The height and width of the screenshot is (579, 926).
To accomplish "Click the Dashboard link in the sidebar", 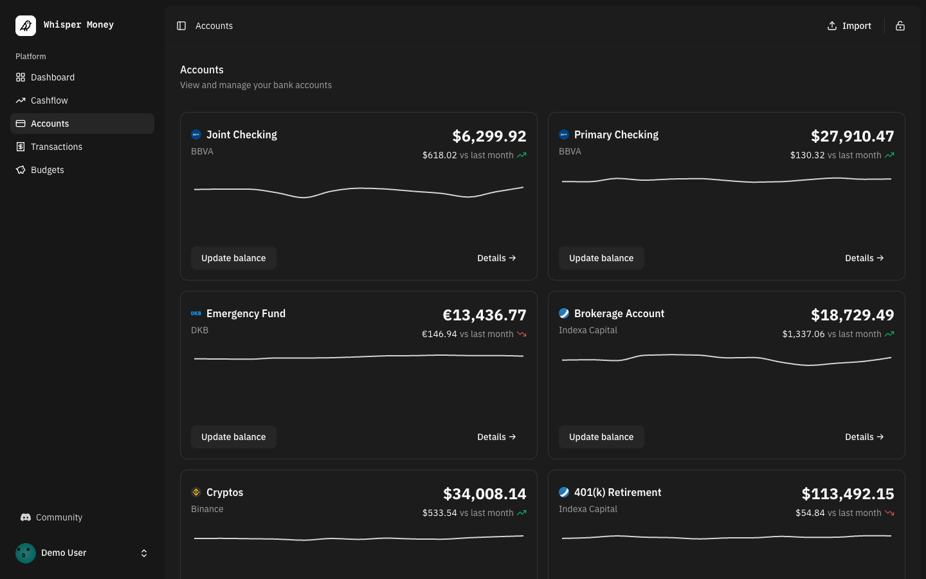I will click(52, 77).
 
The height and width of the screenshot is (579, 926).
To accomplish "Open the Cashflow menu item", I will click(49, 100).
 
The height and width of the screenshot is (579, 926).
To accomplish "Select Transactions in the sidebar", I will click(56, 147).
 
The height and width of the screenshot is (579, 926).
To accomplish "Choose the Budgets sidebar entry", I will click(47, 170).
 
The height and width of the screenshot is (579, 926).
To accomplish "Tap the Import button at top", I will click(849, 26).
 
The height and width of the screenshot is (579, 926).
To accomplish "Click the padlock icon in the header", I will click(900, 26).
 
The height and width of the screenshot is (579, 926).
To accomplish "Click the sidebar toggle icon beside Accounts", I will click(181, 26).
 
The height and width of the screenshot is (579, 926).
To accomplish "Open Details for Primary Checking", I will click(864, 258).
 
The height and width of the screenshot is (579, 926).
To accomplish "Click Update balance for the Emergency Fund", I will click(233, 437).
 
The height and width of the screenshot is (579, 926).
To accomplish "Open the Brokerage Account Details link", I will click(864, 437).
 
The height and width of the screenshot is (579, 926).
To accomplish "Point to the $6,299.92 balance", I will click(489, 136).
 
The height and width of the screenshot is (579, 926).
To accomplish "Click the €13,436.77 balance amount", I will click(484, 315).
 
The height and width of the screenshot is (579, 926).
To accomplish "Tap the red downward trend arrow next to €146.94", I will click(522, 334).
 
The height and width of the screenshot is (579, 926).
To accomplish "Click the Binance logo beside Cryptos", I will click(196, 492).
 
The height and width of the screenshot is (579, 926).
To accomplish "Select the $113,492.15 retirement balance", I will click(848, 494).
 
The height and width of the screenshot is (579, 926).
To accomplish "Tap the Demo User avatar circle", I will click(26, 553).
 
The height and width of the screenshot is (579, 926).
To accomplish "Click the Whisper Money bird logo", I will click(26, 26).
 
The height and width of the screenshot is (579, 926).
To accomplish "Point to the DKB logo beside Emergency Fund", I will click(196, 313).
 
